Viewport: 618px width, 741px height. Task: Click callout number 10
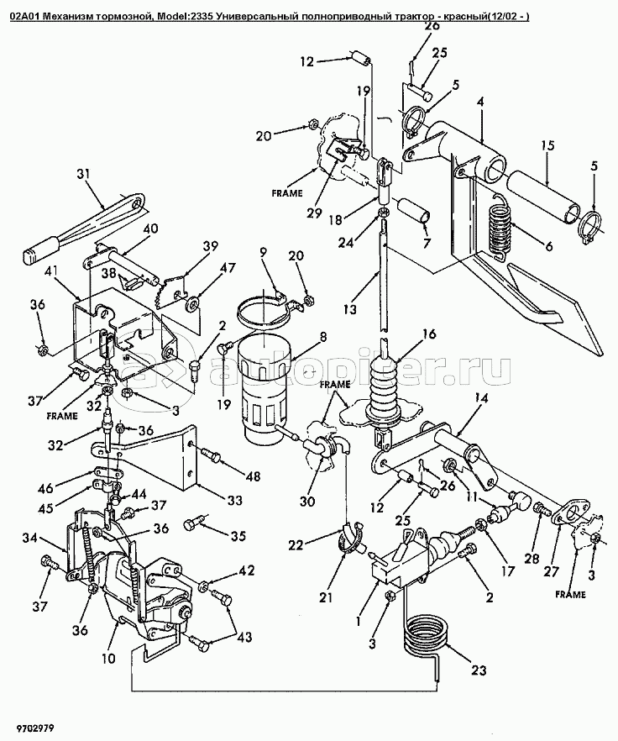coord(108,659)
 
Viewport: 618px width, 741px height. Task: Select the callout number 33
coord(234,499)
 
